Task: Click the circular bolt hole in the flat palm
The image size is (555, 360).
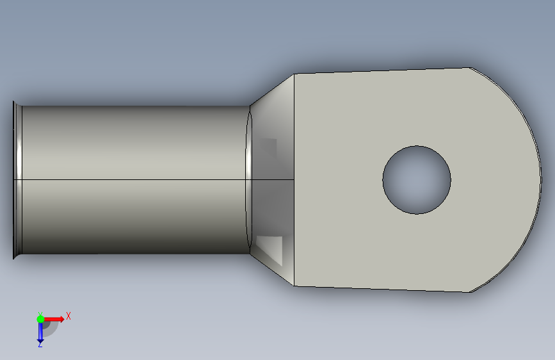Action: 417,179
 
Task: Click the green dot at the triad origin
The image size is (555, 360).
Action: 40,319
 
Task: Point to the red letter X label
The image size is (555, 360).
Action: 68,316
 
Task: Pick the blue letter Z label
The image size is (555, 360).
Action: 40,345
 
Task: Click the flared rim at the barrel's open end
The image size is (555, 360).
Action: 17,179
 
